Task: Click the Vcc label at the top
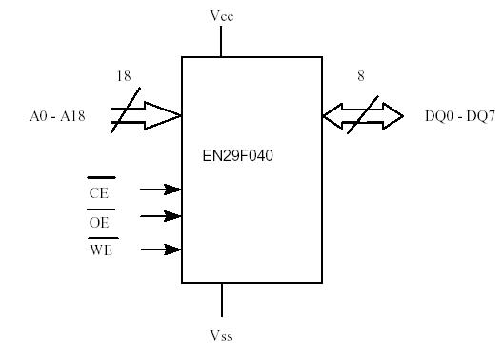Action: tap(221, 16)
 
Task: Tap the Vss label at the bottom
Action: tap(221, 335)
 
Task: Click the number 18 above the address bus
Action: tap(123, 75)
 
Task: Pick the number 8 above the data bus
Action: tap(361, 75)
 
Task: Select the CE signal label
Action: tap(99, 192)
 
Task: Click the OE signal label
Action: tap(99, 221)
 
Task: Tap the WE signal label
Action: tap(100, 251)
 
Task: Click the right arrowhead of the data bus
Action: tap(394, 116)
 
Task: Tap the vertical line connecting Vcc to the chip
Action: tap(221, 41)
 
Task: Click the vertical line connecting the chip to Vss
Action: tap(221, 299)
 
